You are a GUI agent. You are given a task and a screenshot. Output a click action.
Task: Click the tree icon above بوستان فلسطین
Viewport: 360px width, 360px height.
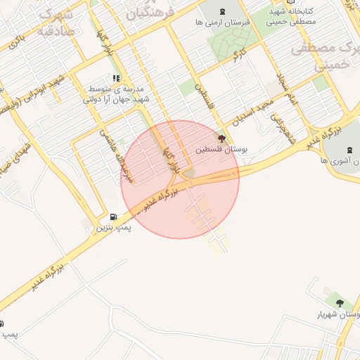222,139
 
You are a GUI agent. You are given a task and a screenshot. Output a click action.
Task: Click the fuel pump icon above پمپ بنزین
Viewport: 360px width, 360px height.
114,217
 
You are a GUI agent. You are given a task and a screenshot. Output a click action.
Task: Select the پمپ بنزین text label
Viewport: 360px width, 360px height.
114,229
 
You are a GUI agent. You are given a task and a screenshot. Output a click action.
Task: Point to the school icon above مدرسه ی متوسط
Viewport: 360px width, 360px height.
117,79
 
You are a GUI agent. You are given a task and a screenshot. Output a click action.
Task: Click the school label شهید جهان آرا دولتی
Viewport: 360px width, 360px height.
117,100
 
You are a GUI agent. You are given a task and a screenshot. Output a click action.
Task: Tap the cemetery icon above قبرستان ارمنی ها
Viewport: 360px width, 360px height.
223,11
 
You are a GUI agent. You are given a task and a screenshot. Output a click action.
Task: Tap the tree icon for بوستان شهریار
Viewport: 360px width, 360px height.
340,303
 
